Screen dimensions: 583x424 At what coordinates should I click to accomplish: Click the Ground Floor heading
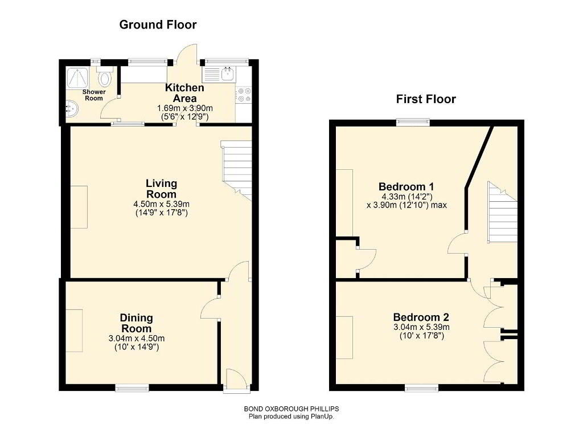(158, 25)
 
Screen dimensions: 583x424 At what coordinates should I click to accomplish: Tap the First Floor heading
(426, 99)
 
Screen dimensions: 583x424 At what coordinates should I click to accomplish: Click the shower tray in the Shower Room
(78, 78)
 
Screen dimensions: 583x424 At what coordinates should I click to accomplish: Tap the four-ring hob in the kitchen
(244, 94)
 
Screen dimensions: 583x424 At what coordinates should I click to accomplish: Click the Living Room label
(161, 189)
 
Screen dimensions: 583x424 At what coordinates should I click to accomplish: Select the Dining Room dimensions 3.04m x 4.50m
(137, 339)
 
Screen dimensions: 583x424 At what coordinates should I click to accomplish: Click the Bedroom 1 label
(407, 186)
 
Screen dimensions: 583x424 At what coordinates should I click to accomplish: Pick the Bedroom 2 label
(421, 317)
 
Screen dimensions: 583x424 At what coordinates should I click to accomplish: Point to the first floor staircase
(502, 212)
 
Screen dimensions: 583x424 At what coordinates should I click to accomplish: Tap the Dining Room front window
(132, 388)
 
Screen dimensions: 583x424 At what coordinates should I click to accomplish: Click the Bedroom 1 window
(413, 122)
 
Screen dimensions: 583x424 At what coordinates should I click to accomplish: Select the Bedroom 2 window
(421, 388)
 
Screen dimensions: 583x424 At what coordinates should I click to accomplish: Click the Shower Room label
(94, 95)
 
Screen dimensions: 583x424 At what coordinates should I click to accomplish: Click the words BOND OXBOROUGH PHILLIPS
(291, 409)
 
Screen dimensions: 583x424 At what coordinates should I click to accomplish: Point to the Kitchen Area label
(185, 93)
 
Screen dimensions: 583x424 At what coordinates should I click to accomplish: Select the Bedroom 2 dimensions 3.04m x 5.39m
(421, 327)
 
